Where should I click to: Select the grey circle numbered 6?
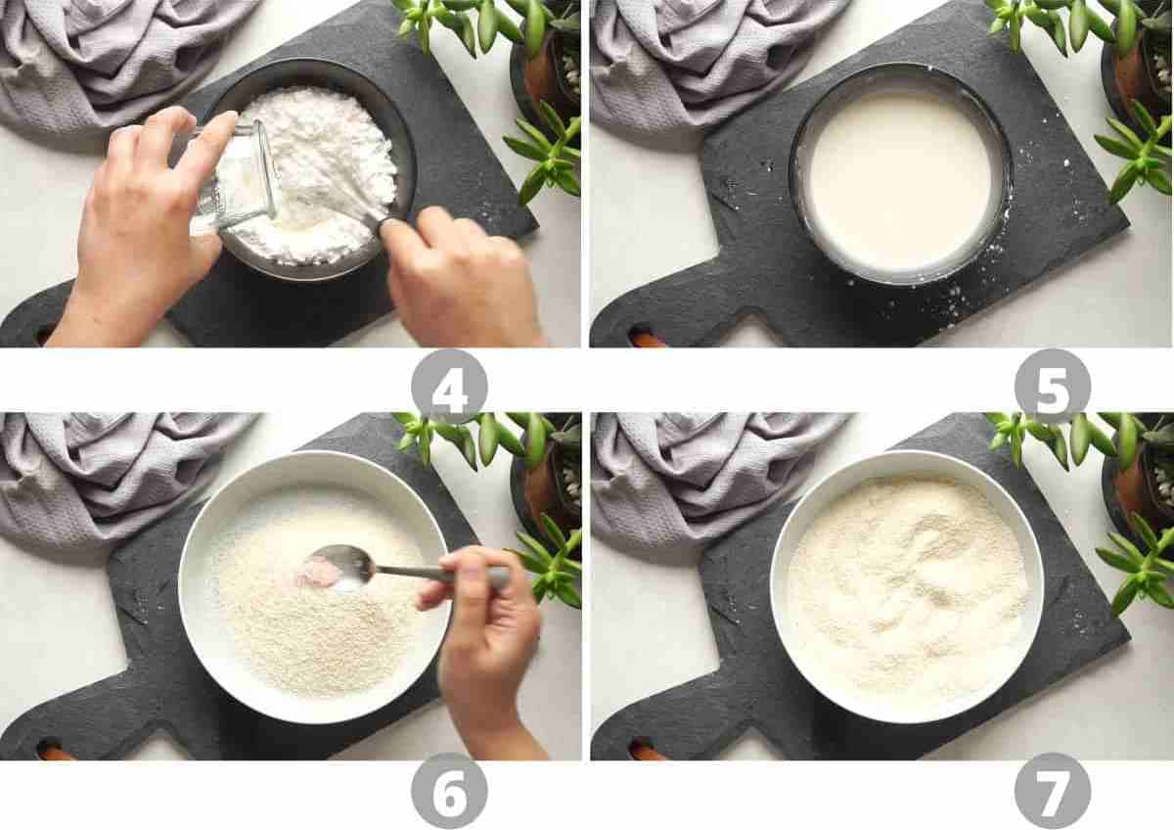(x=449, y=790)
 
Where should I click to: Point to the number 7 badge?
(x=1052, y=790)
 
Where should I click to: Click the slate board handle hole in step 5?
(x=647, y=339)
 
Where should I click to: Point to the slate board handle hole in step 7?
(x=647, y=751)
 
